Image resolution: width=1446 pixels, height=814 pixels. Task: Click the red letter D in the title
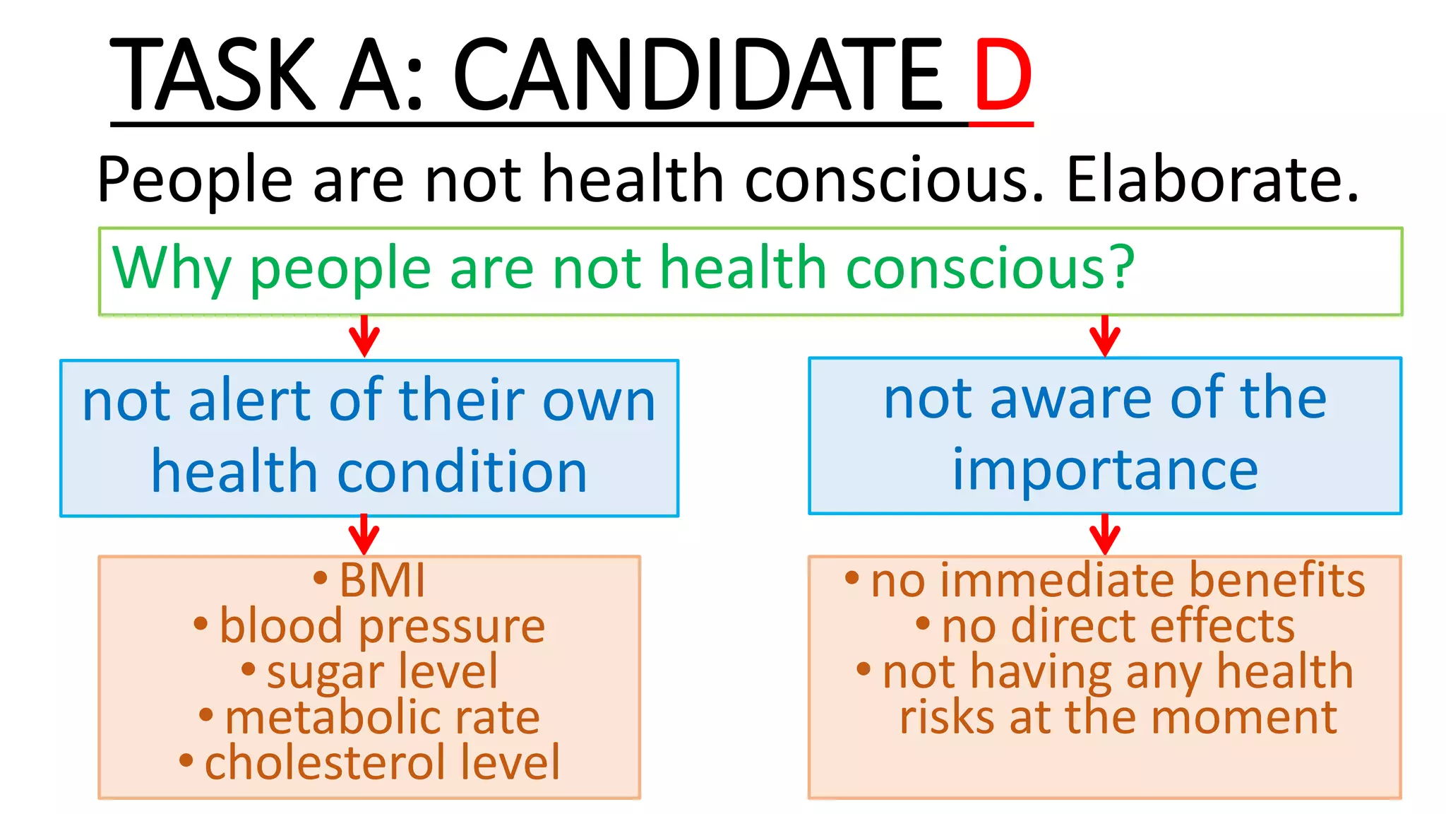[x=1003, y=76]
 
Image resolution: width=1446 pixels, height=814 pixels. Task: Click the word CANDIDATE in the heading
[x=697, y=76]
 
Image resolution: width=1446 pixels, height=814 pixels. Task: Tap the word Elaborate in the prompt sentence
[x=1211, y=179]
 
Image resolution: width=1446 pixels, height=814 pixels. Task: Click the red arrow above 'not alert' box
[x=364, y=336]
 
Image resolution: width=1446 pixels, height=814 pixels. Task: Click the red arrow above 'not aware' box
[x=1105, y=336]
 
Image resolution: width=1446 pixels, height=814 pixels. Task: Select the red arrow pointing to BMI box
[x=364, y=535]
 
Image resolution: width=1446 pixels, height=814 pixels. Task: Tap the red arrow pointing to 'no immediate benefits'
[x=1105, y=535]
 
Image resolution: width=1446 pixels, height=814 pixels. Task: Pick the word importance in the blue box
[x=1105, y=470]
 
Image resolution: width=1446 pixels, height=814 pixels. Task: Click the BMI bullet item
[x=381, y=581]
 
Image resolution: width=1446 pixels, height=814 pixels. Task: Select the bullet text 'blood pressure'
[x=381, y=627]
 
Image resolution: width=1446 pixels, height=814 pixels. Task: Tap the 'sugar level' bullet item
[x=381, y=671]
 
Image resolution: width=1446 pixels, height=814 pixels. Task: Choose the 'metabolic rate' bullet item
[x=381, y=718]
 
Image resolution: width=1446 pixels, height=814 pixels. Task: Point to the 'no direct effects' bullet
[x=1118, y=627]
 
